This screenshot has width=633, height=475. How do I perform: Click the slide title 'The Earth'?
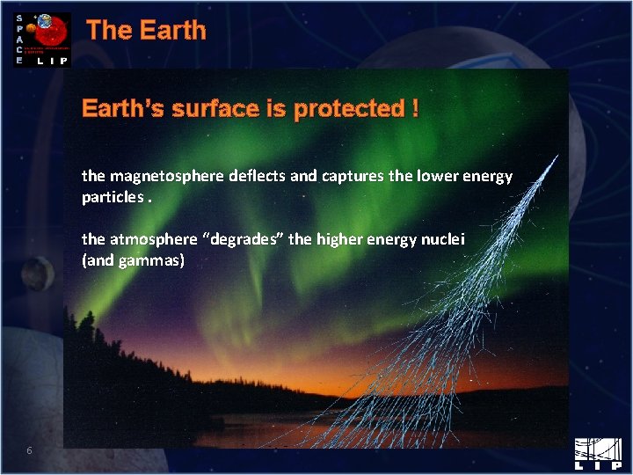tap(146, 31)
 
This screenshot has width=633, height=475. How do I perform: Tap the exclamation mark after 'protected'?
tap(414, 109)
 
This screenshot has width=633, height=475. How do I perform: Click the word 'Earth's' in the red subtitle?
tap(121, 109)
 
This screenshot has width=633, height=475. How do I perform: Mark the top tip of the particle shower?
tap(557, 156)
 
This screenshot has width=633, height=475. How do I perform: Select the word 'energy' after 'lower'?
tap(490, 176)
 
